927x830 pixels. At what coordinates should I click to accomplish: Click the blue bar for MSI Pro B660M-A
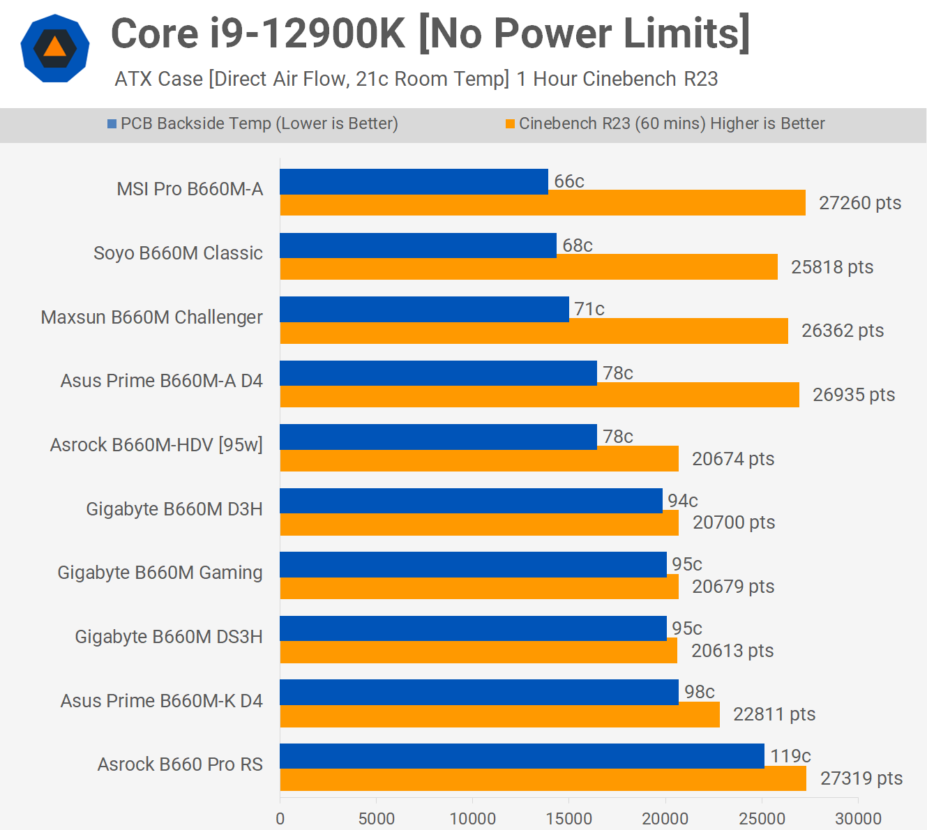(414, 181)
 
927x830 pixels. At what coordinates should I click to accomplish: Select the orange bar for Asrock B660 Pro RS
(543, 779)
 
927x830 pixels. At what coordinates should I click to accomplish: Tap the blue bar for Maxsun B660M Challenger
(424, 309)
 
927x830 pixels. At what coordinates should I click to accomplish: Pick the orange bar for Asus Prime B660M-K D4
(499, 716)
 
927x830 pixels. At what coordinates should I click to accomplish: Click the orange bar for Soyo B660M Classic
(529, 268)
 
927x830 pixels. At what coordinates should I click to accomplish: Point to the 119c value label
(790, 756)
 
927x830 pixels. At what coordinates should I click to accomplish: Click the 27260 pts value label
(859, 203)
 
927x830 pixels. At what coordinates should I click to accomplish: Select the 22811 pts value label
(774, 714)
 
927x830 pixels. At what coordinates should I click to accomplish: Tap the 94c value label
(682, 501)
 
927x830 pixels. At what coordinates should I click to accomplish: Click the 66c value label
(568, 181)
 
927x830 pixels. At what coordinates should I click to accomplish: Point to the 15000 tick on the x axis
(568, 818)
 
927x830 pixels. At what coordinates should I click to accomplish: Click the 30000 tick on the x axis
(858, 818)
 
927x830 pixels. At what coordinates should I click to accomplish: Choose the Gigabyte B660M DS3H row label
(169, 637)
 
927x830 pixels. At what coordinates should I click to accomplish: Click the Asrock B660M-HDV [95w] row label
(156, 445)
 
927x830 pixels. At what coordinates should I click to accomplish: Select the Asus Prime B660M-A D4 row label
(161, 381)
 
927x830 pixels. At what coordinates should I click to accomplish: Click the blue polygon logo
(54, 48)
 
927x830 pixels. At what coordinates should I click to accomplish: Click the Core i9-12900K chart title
(430, 33)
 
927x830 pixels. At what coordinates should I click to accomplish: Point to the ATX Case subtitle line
(416, 79)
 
